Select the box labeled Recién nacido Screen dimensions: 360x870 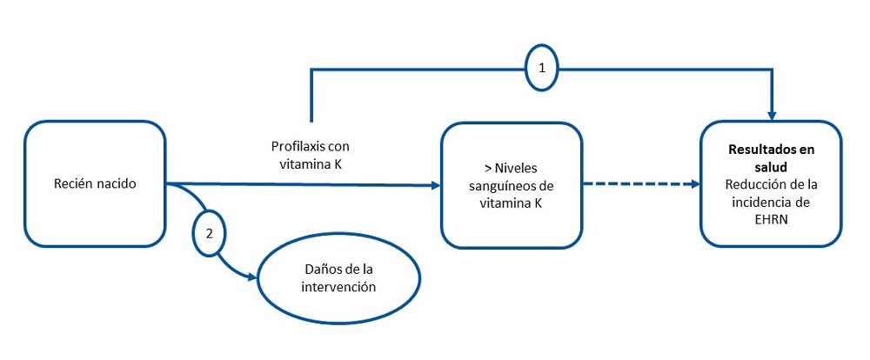point(94,184)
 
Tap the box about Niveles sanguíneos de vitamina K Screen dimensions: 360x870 point(511,184)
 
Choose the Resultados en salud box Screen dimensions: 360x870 point(771,184)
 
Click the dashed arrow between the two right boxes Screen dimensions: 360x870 point(639,184)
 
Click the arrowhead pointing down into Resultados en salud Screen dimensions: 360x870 point(772,114)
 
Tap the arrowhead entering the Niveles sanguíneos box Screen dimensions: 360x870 point(434,184)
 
